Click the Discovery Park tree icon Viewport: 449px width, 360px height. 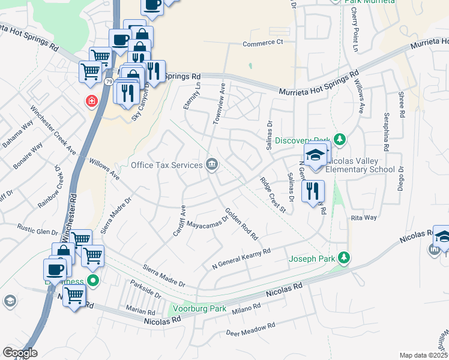(340, 139)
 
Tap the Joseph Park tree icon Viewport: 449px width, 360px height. (343, 258)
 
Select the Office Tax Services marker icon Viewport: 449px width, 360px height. (212, 164)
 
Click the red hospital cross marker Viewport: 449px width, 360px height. (91, 101)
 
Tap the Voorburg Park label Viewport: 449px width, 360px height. (199, 309)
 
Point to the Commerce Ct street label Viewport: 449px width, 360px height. (262, 43)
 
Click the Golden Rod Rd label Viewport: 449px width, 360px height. (241, 224)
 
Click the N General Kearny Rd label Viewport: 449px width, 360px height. (242, 259)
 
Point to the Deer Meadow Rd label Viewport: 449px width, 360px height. (250, 329)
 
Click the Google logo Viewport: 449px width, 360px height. (20, 352)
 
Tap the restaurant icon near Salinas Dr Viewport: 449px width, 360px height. (313, 191)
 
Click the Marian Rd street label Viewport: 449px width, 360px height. (141, 311)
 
